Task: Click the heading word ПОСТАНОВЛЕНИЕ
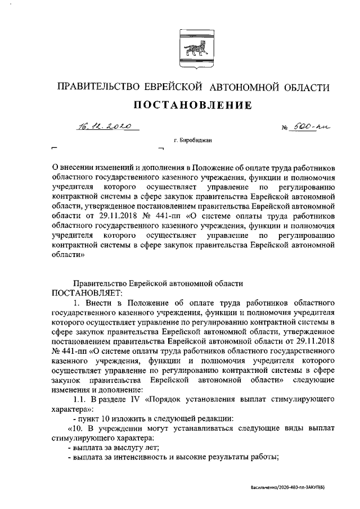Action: coord(192,105)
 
